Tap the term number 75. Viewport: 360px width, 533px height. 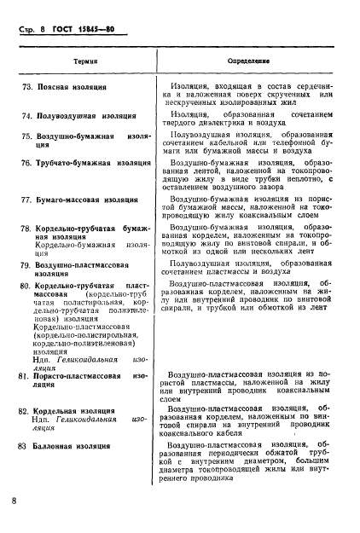[26, 136]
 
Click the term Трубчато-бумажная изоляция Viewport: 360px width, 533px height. [93, 162]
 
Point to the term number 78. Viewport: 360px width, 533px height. [26, 230]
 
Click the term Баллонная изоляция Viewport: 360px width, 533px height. [77, 446]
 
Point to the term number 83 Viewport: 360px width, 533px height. [26, 446]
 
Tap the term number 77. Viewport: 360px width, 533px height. [26, 200]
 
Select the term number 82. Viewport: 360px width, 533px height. [26, 411]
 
